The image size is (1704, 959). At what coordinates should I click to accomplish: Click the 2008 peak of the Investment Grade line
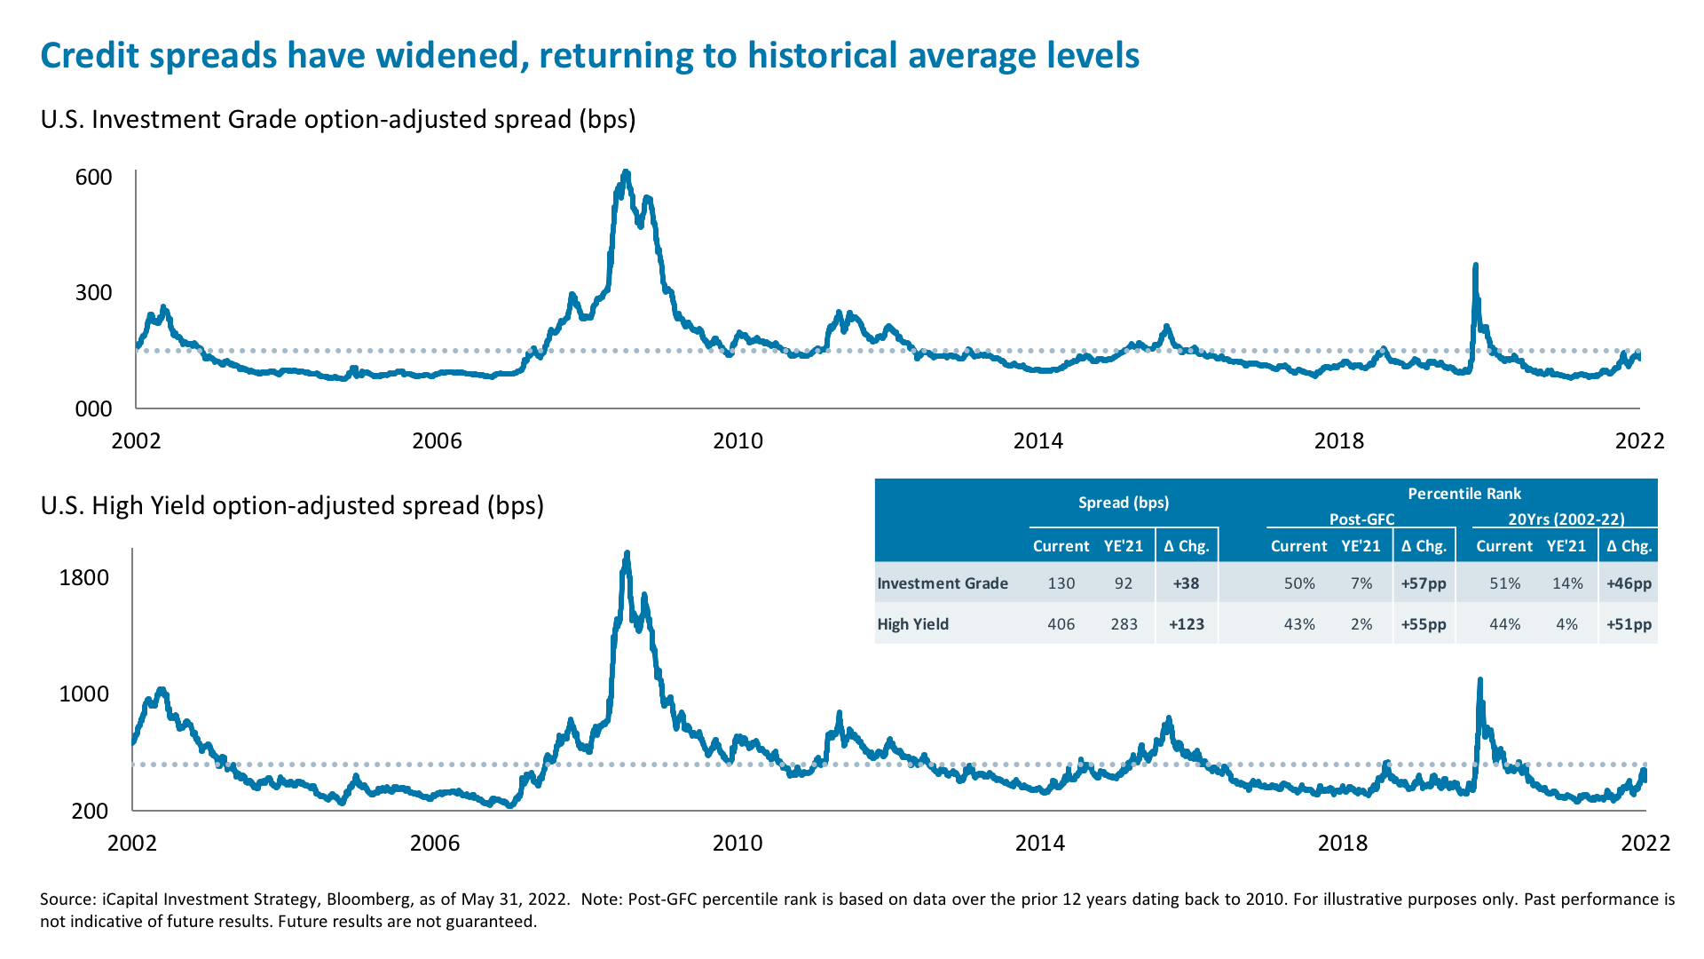point(626,174)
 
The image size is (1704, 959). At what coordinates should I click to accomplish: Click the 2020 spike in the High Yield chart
point(1479,682)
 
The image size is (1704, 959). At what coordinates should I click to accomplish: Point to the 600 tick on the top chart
point(94,177)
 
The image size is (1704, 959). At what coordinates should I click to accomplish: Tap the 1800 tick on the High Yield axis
point(84,578)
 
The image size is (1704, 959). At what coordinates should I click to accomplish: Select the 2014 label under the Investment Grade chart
point(1037,441)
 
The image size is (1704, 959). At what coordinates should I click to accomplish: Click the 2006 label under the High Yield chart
point(435,843)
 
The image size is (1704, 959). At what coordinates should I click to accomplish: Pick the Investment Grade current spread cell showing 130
point(1061,583)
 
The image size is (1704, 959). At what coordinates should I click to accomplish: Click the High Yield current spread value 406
point(1061,624)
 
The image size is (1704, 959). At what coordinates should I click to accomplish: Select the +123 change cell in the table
point(1187,624)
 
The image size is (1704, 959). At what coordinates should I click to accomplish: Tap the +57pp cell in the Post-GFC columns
point(1424,583)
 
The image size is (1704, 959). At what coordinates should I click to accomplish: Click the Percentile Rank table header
point(1464,494)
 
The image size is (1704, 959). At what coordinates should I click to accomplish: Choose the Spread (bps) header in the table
point(1124,503)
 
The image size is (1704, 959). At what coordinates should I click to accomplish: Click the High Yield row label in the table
point(913,624)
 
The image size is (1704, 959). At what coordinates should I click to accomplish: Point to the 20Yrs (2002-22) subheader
point(1566,519)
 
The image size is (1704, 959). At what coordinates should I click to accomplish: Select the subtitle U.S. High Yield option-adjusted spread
point(292,505)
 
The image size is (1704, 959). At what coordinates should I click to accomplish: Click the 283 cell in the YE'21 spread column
point(1124,624)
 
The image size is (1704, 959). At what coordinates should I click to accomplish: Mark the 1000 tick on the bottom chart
point(84,694)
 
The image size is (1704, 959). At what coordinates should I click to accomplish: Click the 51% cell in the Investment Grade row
point(1504,583)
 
